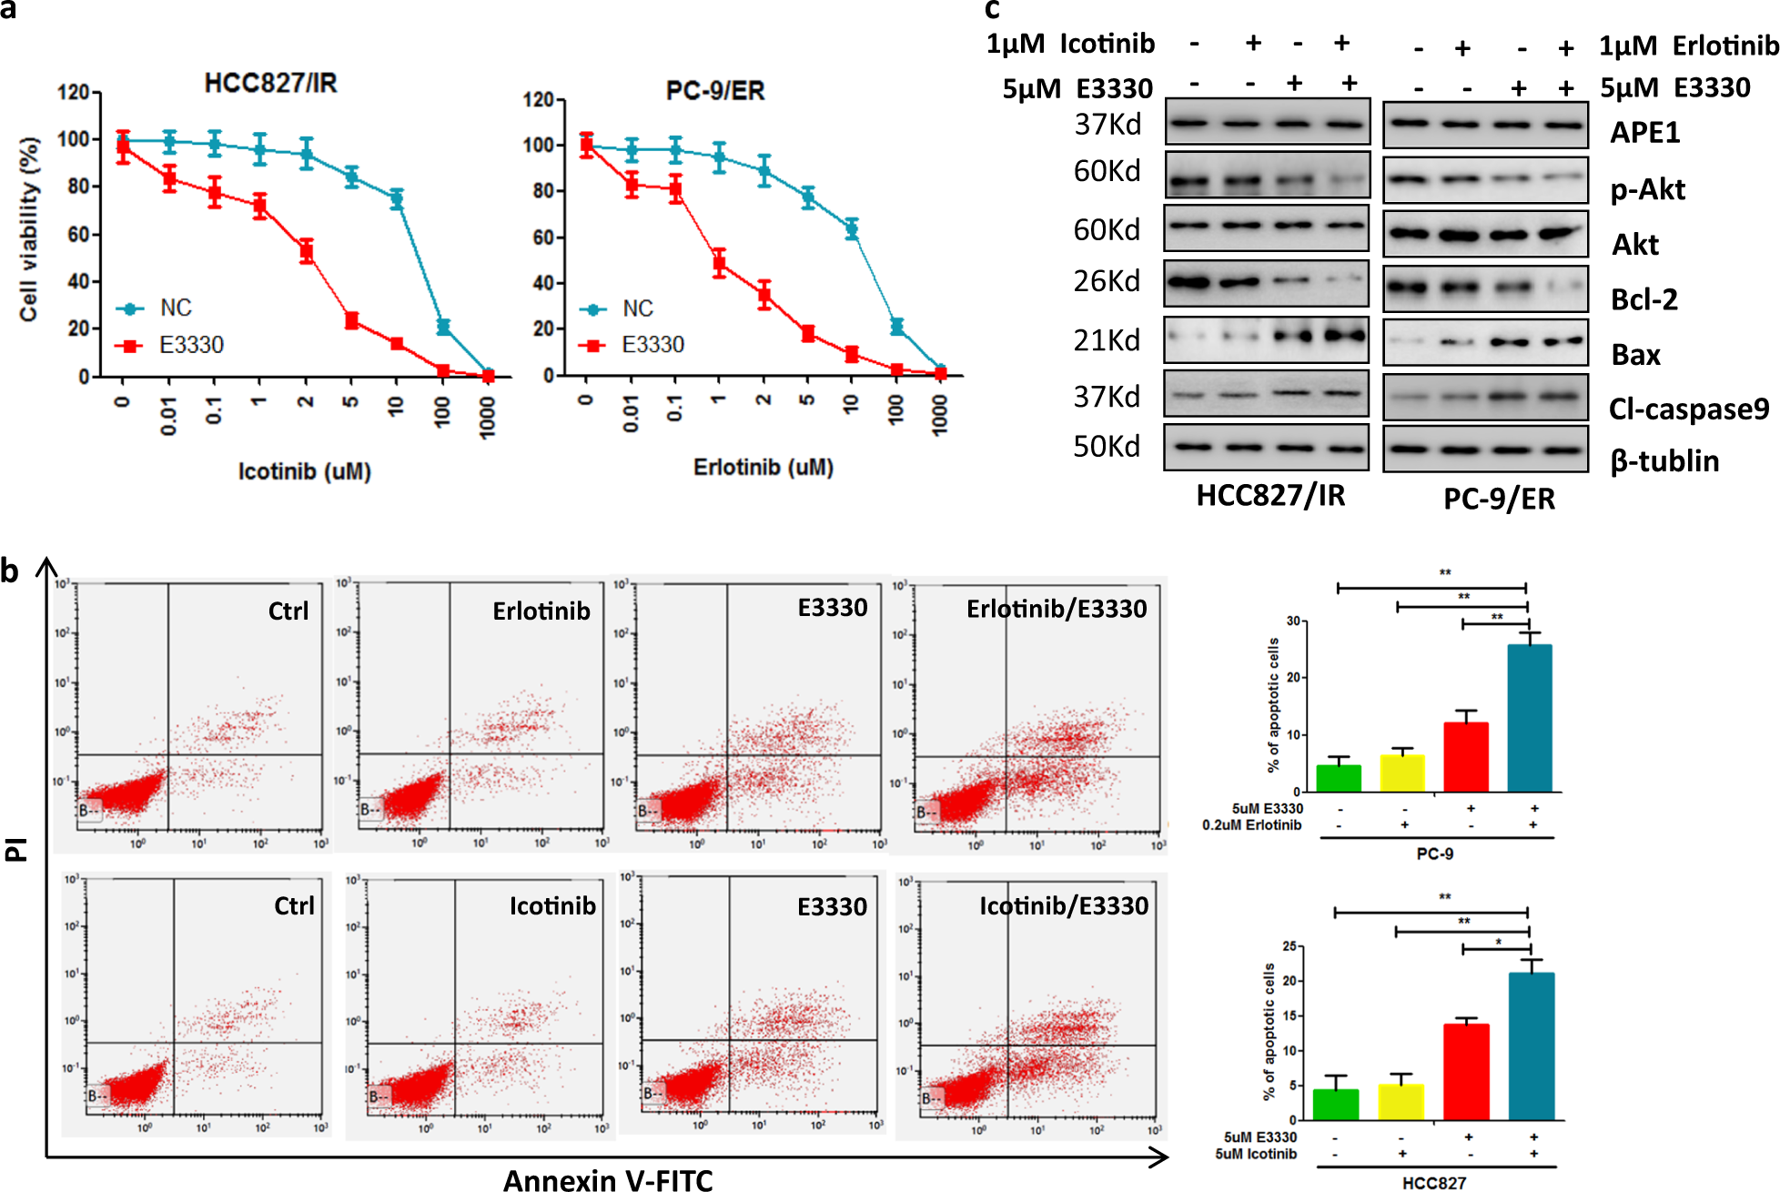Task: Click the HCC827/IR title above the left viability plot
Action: point(270,84)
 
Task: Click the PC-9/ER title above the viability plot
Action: point(715,91)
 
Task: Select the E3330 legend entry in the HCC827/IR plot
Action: point(190,345)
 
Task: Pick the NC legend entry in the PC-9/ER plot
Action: point(637,308)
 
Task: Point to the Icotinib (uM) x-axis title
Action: point(304,471)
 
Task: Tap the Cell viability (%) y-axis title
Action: point(29,229)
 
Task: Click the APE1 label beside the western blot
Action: point(1644,133)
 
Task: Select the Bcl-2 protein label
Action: point(1643,299)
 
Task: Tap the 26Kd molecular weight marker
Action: point(1107,281)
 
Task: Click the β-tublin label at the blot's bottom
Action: point(1664,460)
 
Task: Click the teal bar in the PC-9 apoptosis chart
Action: point(1529,719)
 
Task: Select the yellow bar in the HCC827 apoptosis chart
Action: point(1401,1102)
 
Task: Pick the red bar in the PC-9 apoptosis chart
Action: point(1465,757)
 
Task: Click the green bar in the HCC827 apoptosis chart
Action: point(1335,1105)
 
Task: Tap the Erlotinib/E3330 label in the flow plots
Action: point(1056,609)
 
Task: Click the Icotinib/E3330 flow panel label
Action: point(1063,906)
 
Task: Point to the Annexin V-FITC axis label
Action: point(608,1180)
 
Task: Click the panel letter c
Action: point(992,10)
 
